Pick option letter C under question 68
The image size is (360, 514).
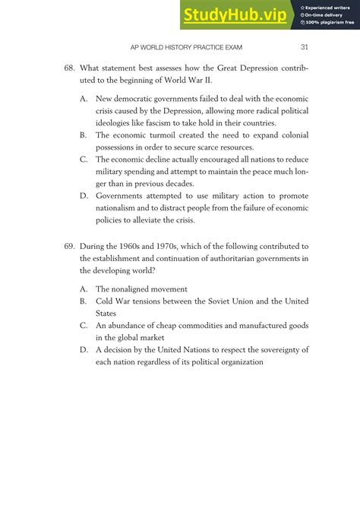[83, 159]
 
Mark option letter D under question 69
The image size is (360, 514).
[83, 350]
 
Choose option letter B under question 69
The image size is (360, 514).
[83, 301]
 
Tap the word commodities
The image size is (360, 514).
[197, 326]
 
